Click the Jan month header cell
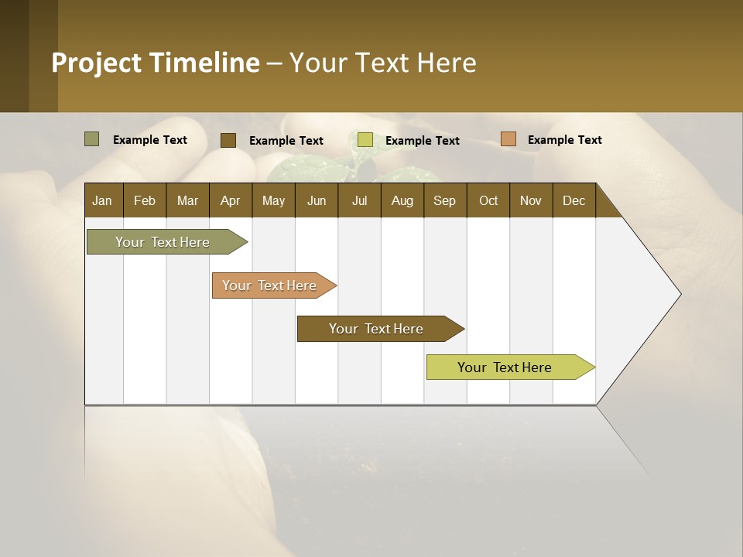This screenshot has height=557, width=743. click(x=103, y=200)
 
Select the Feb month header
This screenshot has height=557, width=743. click(x=145, y=200)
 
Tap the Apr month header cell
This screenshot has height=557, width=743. click(x=231, y=200)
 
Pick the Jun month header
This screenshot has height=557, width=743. click(x=317, y=200)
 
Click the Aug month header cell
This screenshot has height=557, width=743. click(x=402, y=200)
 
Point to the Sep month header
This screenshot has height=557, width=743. click(x=445, y=200)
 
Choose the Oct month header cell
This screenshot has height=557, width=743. click(x=488, y=200)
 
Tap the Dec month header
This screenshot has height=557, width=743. click(x=574, y=200)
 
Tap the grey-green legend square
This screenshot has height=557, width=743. click(x=92, y=139)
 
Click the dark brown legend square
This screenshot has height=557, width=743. click(x=228, y=140)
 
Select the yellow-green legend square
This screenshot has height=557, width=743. click(x=365, y=140)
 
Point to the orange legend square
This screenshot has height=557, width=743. click(x=508, y=139)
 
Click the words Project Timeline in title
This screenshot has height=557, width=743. click(x=156, y=63)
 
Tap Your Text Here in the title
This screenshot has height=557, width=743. click(x=382, y=63)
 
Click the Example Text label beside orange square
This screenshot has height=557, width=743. click(x=564, y=140)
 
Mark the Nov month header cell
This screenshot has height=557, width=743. click(x=531, y=200)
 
